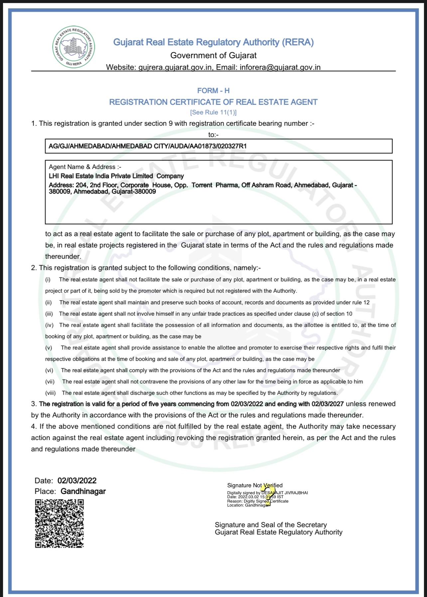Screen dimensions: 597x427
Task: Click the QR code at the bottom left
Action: coord(59,523)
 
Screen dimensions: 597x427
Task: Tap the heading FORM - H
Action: coord(213,90)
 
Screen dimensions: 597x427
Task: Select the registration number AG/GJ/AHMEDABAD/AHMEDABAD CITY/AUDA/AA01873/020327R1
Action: coord(147,146)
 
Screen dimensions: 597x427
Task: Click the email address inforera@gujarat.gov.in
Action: coord(280,67)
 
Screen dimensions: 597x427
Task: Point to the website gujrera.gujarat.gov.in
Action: coord(175,67)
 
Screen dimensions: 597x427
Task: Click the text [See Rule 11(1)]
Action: coord(213,112)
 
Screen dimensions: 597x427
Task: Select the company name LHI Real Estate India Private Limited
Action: coord(101,176)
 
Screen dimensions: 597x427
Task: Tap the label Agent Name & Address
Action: coord(85,167)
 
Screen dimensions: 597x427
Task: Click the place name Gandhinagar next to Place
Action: coord(83,491)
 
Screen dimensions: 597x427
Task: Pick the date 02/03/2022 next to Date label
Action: coord(77,481)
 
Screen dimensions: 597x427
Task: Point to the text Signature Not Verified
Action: coord(255,485)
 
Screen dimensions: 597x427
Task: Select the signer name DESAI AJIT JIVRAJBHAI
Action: coord(285,493)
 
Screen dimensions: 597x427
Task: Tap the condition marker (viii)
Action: coord(51,393)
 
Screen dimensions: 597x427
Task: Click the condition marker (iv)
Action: coord(49,325)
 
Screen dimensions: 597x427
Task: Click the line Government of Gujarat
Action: coord(213,55)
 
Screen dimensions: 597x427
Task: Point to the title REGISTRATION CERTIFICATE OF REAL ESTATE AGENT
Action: coord(213,102)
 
